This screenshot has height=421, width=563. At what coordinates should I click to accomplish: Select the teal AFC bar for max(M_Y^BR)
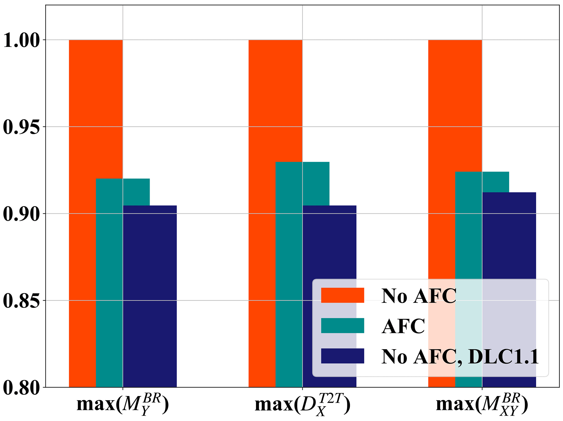pyautogui.click(x=109, y=283)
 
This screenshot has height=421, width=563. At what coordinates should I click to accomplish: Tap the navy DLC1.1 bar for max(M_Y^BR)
pyautogui.click(x=150, y=296)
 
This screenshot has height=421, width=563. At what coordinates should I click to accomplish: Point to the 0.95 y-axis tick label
pyautogui.click(x=21, y=127)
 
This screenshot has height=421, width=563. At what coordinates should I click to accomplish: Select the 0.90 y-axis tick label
pyautogui.click(x=21, y=214)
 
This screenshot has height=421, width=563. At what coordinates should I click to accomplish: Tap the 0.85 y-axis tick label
pyautogui.click(x=21, y=301)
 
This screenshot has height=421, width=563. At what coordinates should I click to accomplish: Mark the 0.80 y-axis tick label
pyautogui.click(x=21, y=388)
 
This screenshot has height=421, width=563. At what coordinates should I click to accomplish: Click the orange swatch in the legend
pyautogui.click(x=342, y=295)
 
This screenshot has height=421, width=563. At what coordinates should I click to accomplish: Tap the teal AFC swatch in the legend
pyautogui.click(x=342, y=326)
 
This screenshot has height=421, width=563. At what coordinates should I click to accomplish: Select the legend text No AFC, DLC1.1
pyautogui.click(x=460, y=356)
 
